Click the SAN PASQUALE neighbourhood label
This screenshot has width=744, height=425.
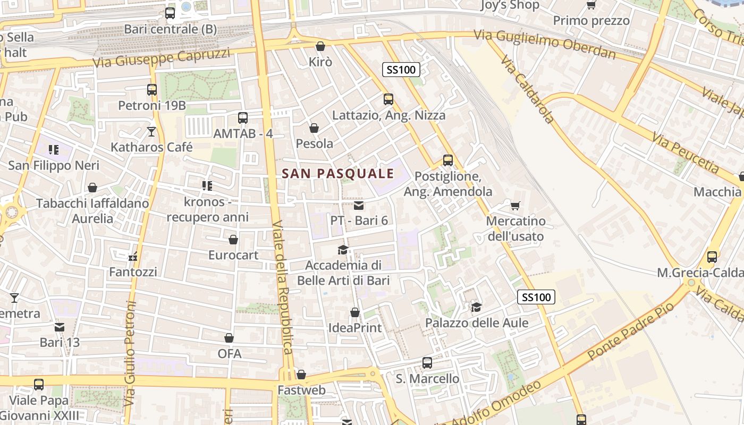click(x=338, y=173)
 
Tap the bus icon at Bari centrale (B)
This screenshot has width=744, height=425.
click(x=170, y=13)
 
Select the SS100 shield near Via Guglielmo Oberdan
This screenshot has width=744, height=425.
click(x=401, y=70)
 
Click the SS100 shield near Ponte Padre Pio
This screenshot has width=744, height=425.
click(x=536, y=297)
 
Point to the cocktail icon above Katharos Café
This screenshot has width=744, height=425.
click(x=152, y=131)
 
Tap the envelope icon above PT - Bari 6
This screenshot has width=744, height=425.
click(x=359, y=206)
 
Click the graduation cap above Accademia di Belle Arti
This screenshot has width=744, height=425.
click(x=343, y=250)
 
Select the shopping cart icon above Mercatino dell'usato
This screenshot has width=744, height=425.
click(x=515, y=206)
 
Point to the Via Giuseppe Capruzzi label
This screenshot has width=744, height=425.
click(x=162, y=58)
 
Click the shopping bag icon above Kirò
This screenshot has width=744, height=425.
click(x=320, y=47)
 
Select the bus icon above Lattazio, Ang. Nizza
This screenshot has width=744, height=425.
click(x=388, y=99)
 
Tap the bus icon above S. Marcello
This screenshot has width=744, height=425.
click(x=427, y=363)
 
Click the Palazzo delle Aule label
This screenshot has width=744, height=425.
click(x=477, y=322)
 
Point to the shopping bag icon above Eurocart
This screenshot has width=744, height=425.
click(x=233, y=240)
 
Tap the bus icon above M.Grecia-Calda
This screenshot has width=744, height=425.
click(x=712, y=257)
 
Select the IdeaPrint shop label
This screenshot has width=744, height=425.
click(x=355, y=328)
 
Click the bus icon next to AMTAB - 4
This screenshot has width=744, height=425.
click(x=243, y=118)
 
